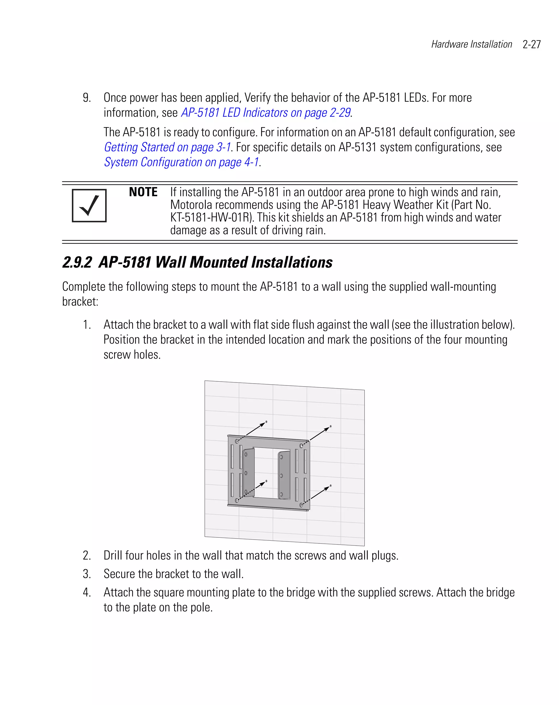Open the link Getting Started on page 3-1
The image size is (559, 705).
pos(167,147)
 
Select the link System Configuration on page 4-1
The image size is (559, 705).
pos(182,162)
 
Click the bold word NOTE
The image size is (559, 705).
pos(143,192)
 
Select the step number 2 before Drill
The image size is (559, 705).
pos(86,555)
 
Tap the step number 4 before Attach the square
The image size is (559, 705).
pos(86,592)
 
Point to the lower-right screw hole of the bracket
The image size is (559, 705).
pos(301,505)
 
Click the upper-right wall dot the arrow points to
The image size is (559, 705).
pos(331,426)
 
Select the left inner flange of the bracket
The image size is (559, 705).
pos(248,473)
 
